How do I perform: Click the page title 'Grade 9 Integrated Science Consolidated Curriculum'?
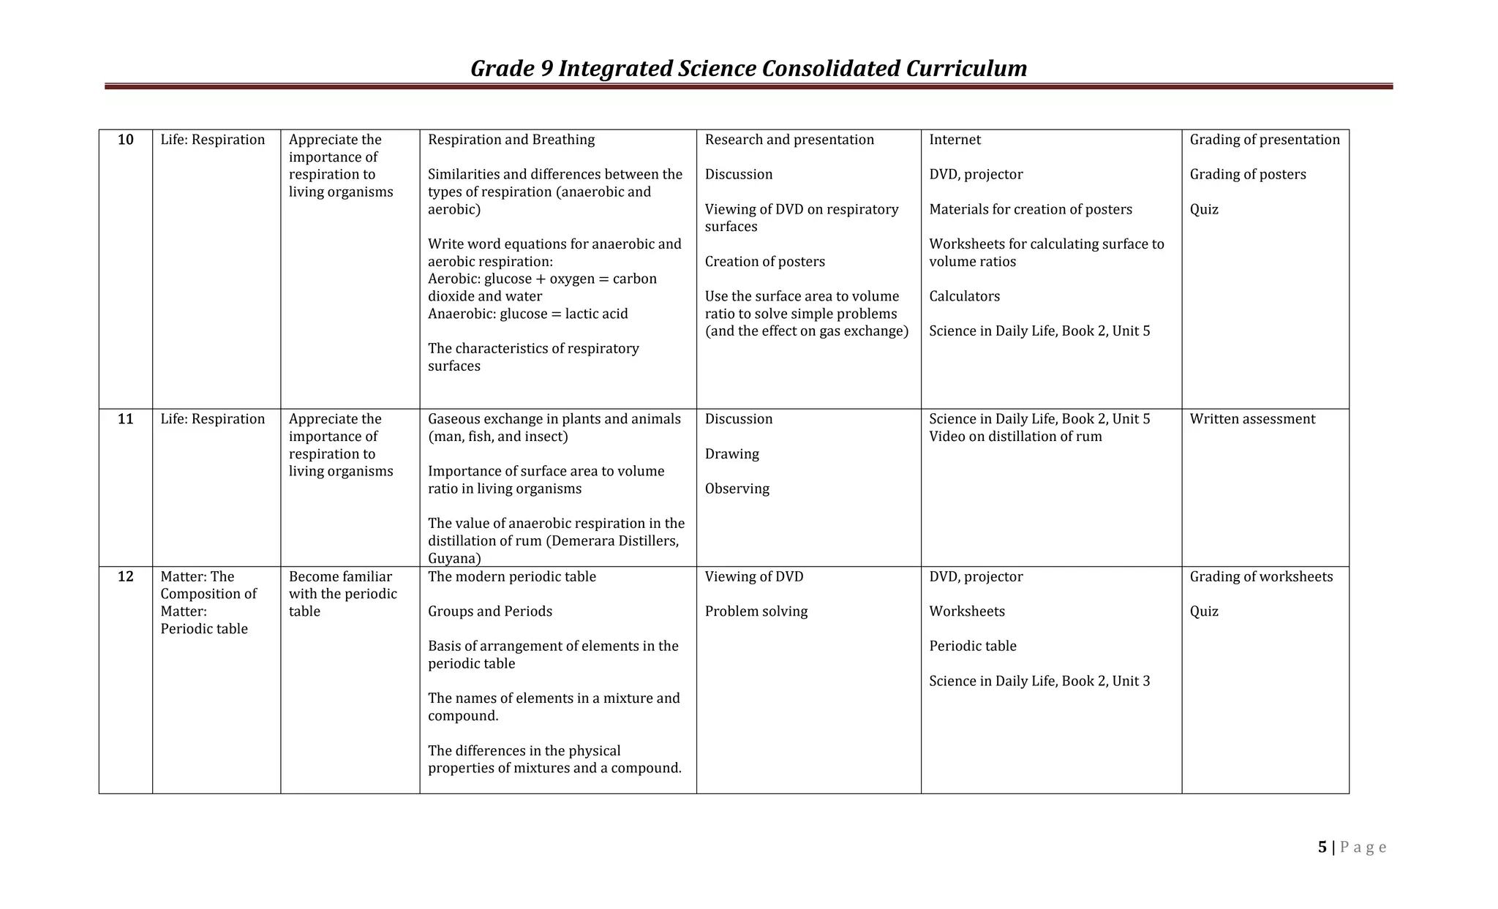click(748, 68)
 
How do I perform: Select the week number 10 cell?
click(126, 140)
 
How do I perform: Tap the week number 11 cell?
click(126, 419)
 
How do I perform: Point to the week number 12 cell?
click(126, 576)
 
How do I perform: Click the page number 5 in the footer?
click(1322, 847)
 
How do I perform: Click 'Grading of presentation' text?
click(1265, 140)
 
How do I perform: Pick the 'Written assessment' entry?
click(1252, 419)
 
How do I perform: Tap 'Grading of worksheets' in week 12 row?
click(1261, 576)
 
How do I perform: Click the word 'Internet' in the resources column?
click(955, 140)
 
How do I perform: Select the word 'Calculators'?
click(964, 296)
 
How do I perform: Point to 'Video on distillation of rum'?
click(1015, 437)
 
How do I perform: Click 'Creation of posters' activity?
click(764, 262)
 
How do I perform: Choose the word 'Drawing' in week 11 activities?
click(731, 454)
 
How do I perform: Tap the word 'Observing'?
click(737, 489)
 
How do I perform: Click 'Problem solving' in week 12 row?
click(756, 611)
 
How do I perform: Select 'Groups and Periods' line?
click(490, 611)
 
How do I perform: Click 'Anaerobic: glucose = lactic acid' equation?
click(527, 314)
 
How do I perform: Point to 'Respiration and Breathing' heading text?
click(511, 140)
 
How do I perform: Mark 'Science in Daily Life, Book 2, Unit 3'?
click(1039, 681)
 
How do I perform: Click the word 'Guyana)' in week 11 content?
click(454, 559)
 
